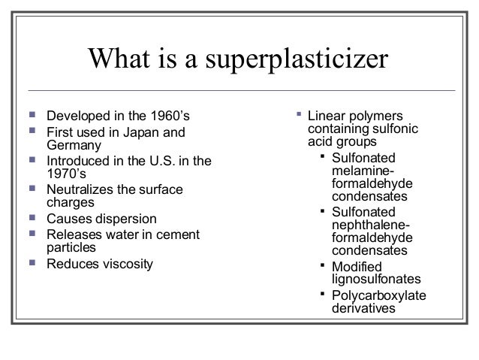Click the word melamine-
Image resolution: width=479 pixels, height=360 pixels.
point(363,171)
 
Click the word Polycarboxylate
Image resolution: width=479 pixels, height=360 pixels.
point(378,296)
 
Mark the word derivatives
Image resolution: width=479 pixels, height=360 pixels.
point(363,308)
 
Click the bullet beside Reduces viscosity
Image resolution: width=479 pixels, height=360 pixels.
point(34,263)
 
